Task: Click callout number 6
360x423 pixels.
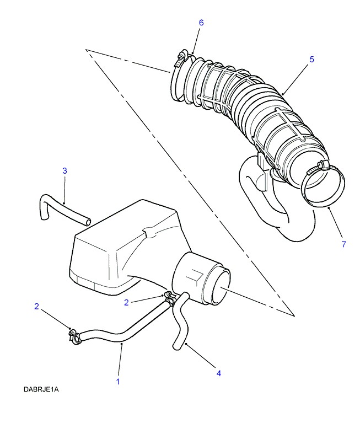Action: pos(201,23)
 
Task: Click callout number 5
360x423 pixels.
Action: pos(311,60)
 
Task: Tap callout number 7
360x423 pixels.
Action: pos(343,244)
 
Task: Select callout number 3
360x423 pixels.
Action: pos(65,171)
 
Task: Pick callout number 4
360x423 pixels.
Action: pos(219,373)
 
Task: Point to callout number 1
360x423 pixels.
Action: pos(118,382)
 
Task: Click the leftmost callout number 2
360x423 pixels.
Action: pos(36,307)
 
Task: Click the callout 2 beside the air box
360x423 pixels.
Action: pos(126,303)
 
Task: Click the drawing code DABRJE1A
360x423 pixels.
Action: pos(41,389)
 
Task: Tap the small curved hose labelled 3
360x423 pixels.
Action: pos(62,208)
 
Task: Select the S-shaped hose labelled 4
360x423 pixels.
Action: pos(180,321)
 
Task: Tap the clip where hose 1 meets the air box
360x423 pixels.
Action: pos(169,298)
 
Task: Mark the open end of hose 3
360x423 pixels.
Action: pos(87,222)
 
